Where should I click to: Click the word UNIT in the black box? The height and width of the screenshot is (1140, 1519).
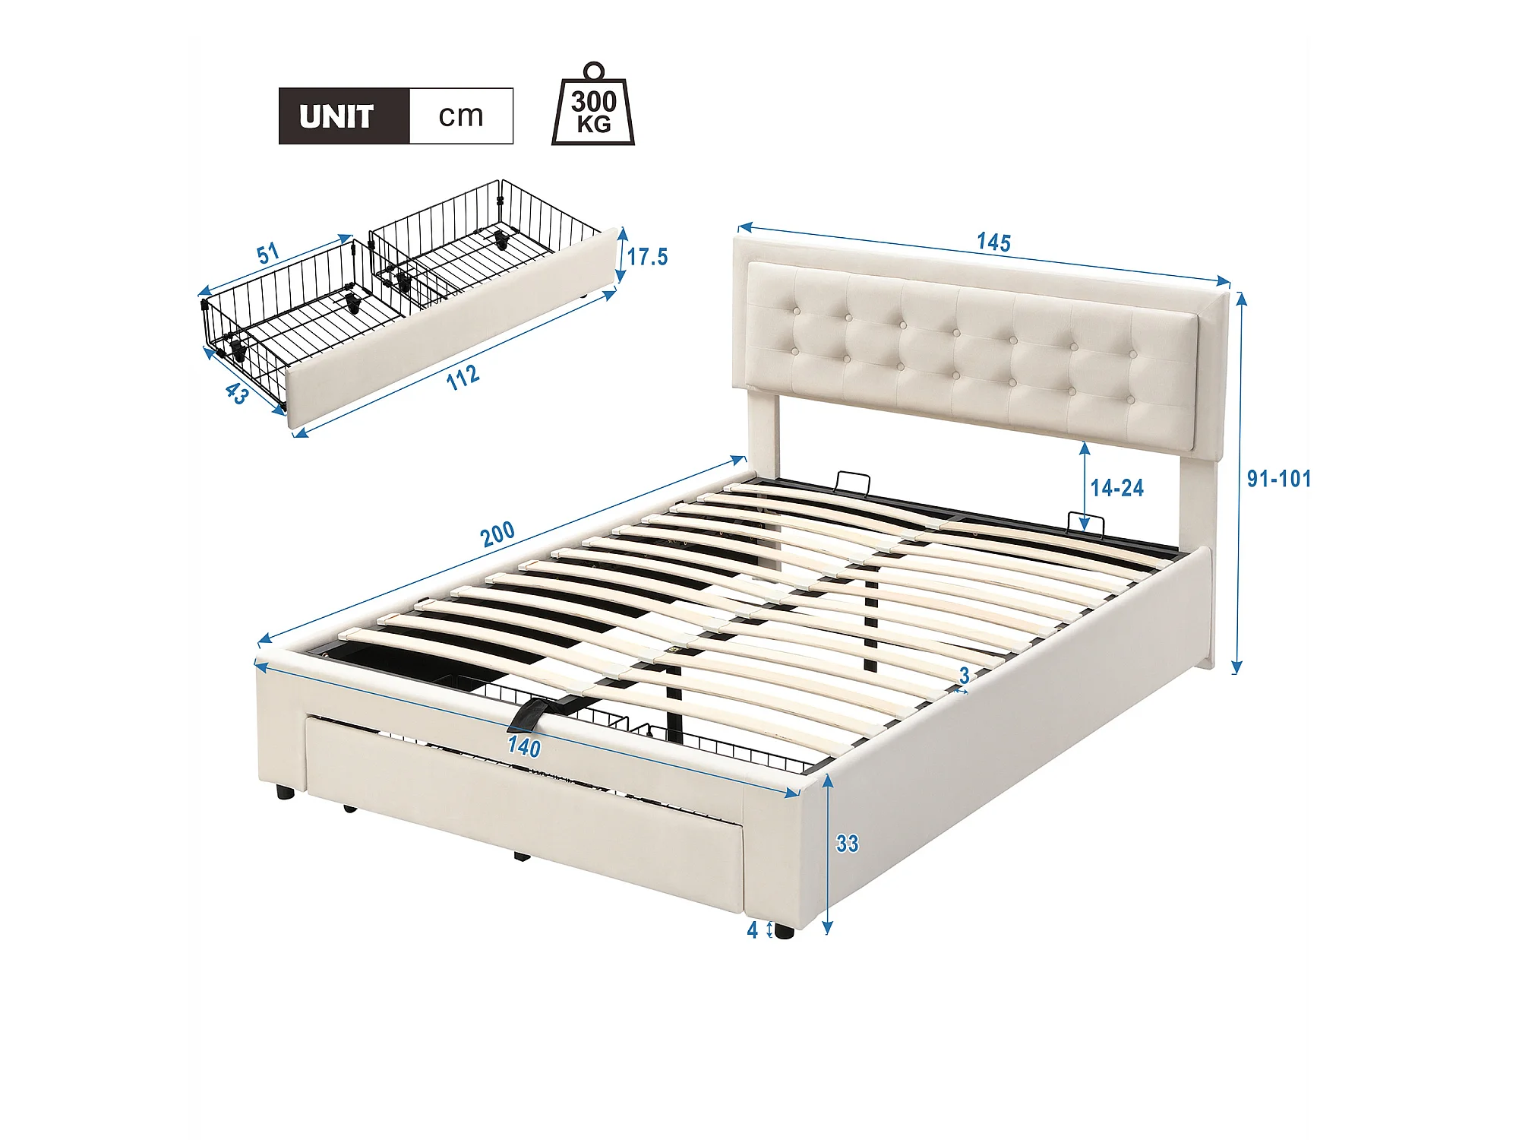pos(336,116)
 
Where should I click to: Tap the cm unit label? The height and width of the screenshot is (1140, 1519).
pos(461,116)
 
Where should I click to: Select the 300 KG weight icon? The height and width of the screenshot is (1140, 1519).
pos(593,104)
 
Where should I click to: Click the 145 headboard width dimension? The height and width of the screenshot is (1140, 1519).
pos(993,242)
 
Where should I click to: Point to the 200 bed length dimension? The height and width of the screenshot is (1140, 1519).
pos(498,534)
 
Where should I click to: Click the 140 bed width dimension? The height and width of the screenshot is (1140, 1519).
pos(524,746)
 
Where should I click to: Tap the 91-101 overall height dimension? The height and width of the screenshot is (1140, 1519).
pos(1279,479)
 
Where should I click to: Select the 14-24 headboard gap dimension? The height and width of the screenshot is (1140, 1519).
pos(1117,488)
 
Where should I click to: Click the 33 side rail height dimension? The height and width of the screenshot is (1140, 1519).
pos(847,844)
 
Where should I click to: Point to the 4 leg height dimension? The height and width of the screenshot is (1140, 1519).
pos(753,929)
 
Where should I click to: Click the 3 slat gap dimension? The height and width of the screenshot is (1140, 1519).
pos(964,675)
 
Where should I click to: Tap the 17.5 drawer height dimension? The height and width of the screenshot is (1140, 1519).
pos(647,257)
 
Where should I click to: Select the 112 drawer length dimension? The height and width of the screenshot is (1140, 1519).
pos(463,377)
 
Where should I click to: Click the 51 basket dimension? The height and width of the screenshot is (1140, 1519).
pos(268,254)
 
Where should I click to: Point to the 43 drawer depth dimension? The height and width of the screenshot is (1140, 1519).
pos(237,393)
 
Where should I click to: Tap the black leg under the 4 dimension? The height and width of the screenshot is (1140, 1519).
pos(784,932)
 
